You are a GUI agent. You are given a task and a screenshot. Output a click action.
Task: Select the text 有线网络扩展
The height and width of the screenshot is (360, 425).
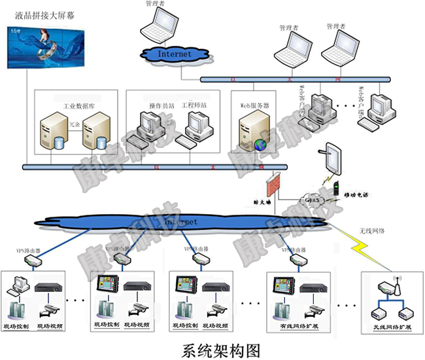293,325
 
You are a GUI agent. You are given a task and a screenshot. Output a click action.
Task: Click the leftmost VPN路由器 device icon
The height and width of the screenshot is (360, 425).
33,260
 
